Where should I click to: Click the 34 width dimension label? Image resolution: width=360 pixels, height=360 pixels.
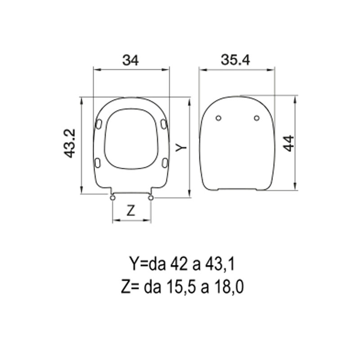[130, 60]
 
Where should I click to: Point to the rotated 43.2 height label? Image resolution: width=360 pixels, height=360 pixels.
[69, 143]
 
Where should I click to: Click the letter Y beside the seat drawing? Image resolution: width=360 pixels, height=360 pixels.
[180, 147]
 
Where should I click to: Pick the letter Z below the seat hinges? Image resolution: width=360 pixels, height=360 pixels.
[130, 211]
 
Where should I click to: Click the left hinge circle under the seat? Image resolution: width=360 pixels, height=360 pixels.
[112, 197]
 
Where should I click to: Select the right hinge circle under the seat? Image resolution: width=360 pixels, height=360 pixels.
[151, 197]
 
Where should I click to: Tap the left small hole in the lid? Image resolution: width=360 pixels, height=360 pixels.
[218, 118]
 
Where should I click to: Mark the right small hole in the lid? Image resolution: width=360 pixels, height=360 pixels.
[256, 118]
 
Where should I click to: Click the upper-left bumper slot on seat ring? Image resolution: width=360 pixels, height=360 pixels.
[99, 123]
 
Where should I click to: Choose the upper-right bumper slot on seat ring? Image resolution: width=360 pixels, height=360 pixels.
[163, 123]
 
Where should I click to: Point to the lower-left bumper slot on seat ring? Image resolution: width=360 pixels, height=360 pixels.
[97, 162]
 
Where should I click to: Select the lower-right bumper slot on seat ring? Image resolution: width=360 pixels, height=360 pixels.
[165, 162]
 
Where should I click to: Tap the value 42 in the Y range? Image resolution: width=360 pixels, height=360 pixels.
[177, 264]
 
